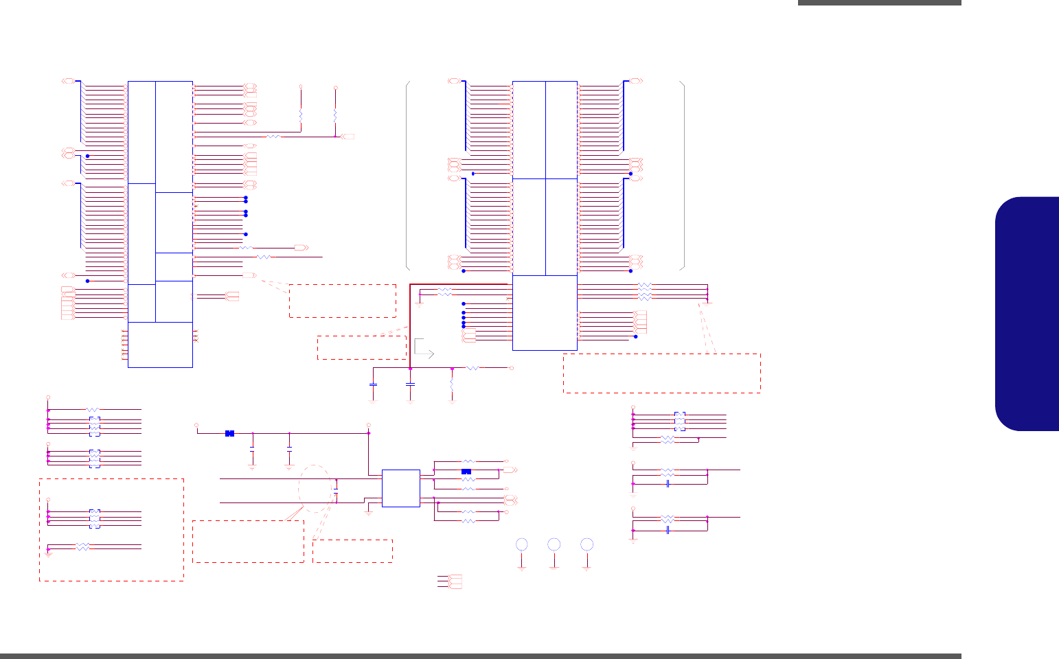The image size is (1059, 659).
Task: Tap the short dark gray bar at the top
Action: click(x=879, y=3)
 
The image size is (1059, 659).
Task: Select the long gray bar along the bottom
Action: click(x=481, y=656)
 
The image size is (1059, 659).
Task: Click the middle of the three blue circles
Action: click(x=554, y=544)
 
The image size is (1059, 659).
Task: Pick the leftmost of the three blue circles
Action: click(x=522, y=544)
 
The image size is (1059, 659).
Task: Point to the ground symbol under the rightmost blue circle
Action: click(x=587, y=567)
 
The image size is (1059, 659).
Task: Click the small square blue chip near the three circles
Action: click(x=400, y=488)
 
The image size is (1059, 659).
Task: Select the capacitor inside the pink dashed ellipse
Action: click(x=336, y=494)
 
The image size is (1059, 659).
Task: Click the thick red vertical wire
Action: click(x=409, y=326)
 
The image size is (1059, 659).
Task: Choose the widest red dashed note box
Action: click(x=661, y=373)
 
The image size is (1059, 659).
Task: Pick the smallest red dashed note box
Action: click(x=352, y=551)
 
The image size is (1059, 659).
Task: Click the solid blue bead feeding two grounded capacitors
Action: click(x=229, y=433)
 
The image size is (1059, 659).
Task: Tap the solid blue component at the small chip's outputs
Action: click(x=466, y=472)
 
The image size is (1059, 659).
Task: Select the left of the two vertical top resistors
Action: click(x=301, y=115)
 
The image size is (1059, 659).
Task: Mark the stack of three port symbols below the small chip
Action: click(x=454, y=581)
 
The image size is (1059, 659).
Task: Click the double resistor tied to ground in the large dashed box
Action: click(x=82, y=546)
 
